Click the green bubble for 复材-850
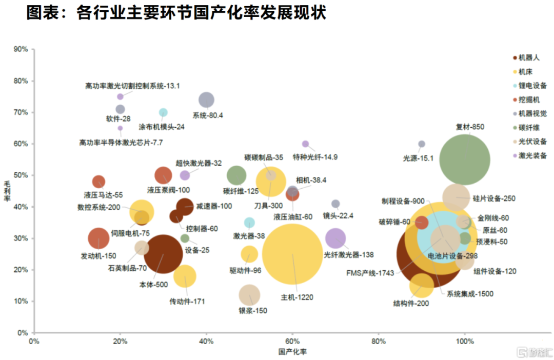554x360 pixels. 465,159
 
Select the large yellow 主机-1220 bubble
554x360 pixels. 292,254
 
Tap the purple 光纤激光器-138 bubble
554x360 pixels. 335,238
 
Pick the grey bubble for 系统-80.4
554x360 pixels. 206,99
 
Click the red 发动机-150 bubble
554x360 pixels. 98,238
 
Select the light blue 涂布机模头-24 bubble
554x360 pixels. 163,112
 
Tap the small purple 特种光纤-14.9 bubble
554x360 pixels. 305,144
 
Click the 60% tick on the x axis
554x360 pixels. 292,341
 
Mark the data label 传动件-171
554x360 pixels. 187,302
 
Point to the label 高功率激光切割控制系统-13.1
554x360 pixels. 132,86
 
